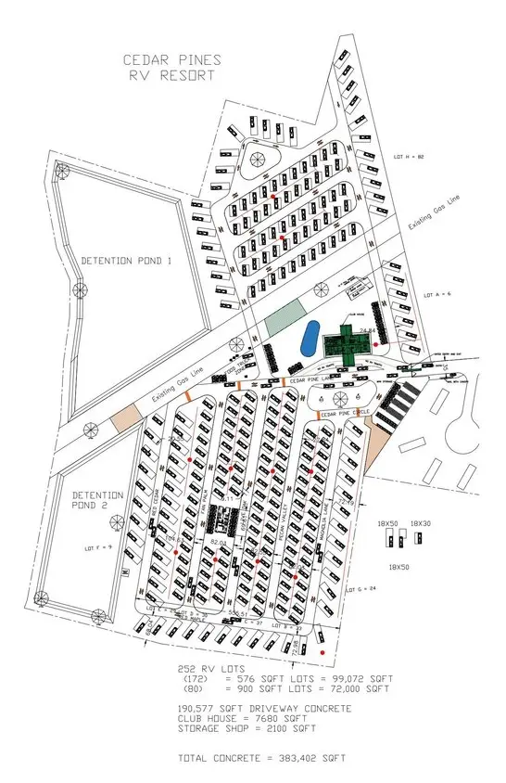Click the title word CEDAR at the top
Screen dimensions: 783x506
point(147,58)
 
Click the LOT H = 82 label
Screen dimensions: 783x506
point(408,156)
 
